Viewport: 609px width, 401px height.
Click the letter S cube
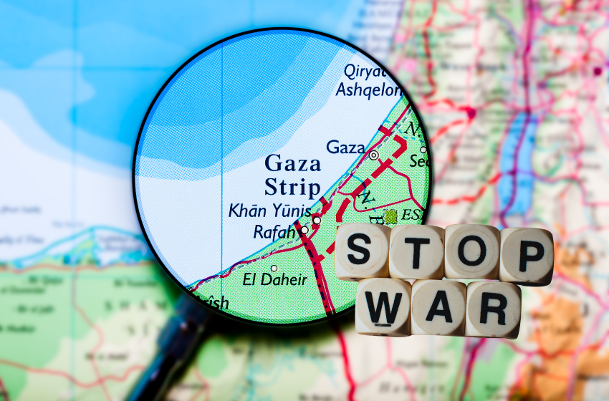363,251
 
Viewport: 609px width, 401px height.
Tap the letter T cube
416,251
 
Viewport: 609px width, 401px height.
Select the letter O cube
471,251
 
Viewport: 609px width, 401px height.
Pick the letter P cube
527,254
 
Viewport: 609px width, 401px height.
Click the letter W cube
383,306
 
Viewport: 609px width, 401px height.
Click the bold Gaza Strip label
292,175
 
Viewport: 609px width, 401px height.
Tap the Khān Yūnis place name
269,211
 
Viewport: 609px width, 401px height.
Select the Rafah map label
274,231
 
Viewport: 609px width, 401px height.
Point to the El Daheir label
274,279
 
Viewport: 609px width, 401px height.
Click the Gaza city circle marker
373,154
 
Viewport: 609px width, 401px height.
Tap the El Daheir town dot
273,268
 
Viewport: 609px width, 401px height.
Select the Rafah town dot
304,230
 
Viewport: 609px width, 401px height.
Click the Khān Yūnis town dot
316,219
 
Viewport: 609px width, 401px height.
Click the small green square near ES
390,215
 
